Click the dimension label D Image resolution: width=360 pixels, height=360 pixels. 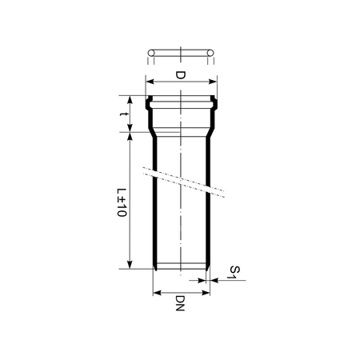(x=181, y=76)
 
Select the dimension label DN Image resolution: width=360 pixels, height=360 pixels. (x=181, y=305)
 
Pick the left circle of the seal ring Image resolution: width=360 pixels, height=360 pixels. (x=151, y=54)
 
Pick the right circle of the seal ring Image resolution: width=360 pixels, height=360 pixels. (x=211, y=54)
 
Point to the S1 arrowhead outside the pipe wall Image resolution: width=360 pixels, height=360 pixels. (x=214, y=280)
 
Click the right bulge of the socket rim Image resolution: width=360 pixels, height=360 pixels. (x=215, y=102)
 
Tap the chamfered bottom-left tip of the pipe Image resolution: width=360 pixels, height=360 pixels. (x=154, y=266)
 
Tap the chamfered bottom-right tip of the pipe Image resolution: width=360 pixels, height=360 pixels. (x=208, y=266)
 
